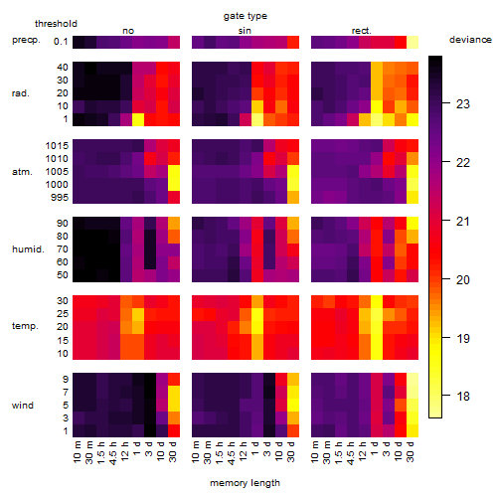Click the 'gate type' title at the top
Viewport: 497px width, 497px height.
tap(246, 16)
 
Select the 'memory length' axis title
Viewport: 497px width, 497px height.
tap(245, 483)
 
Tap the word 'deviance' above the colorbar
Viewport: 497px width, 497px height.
tap(470, 40)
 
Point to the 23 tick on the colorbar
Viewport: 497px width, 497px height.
tap(463, 104)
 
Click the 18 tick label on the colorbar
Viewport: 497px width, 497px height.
tap(463, 396)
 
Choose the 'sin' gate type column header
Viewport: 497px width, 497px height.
tap(245, 31)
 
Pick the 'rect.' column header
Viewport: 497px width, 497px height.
tap(361, 31)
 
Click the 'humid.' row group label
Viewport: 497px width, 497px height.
tap(28, 249)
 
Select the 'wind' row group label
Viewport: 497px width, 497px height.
tap(23, 406)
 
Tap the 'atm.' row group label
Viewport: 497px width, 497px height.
tap(22, 172)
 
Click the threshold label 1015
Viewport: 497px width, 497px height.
tap(57, 146)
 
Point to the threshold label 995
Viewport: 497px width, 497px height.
tap(60, 198)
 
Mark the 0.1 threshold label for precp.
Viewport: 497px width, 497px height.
tap(61, 42)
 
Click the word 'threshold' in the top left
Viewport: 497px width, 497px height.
tap(56, 24)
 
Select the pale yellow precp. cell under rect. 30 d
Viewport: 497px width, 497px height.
tap(413, 42)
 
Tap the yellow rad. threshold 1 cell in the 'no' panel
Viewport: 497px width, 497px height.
tap(138, 119)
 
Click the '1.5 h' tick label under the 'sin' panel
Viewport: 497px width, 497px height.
tap(220, 452)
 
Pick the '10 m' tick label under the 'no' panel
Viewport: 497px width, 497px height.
tap(78, 452)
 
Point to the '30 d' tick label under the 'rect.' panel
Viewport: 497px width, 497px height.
tap(411, 452)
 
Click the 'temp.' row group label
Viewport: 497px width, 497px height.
tap(25, 326)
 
